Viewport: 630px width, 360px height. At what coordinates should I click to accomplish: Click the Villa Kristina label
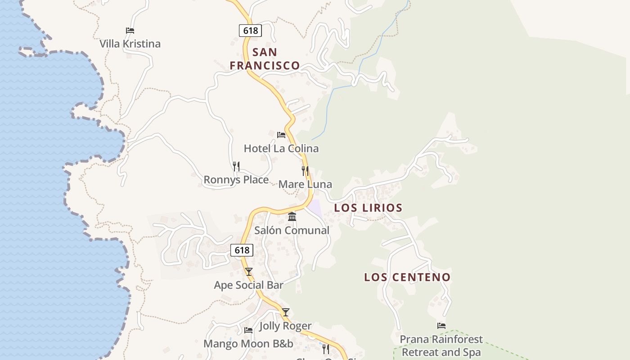[130, 44]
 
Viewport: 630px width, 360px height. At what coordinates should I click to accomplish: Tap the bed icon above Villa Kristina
[130, 31]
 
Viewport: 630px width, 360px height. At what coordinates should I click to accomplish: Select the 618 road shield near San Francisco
[250, 30]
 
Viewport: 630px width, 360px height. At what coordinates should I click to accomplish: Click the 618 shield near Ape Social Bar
[242, 250]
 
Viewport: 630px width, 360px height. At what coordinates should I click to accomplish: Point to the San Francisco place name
[265, 58]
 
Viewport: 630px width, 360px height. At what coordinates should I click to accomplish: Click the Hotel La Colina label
[281, 148]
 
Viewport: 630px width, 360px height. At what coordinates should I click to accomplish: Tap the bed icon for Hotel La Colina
[281, 135]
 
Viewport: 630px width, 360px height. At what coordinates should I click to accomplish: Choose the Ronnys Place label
[236, 180]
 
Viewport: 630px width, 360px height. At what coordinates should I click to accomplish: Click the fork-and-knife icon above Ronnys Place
[236, 166]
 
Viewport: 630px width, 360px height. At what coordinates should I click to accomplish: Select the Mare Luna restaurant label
[305, 184]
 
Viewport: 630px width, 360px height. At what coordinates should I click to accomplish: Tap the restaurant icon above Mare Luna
[305, 171]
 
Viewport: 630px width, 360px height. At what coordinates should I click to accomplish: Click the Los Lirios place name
[368, 208]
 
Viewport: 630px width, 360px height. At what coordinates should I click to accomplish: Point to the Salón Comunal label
[292, 230]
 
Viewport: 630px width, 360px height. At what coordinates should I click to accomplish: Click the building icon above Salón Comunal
[292, 217]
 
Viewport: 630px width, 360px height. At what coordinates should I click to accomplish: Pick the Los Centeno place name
[407, 277]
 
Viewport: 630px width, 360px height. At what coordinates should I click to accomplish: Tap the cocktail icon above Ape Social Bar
[249, 272]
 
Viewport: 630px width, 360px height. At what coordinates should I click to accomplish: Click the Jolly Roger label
[285, 326]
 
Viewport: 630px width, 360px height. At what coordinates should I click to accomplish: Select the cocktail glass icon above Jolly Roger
[286, 312]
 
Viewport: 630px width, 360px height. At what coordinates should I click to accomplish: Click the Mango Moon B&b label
[248, 344]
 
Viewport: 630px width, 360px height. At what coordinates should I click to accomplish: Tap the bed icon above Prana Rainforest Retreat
[441, 326]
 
